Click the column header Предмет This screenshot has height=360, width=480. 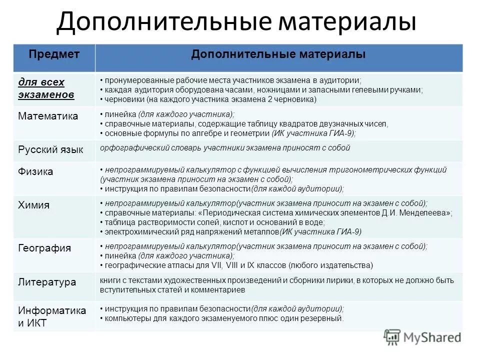click(x=54, y=54)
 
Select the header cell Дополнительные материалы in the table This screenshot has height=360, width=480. click(x=278, y=54)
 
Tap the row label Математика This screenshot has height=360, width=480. click(x=48, y=116)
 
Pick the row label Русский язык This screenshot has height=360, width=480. click(x=50, y=149)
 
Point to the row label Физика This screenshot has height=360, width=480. click(x=35, y=171)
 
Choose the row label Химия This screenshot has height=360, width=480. click(x=33, y=205)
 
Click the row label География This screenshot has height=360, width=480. click(x=44, y=248)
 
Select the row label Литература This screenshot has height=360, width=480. click(x=47, y=282)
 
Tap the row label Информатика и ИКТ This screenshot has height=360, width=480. click(x=51, y=316)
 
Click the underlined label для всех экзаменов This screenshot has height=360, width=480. click(x=46, y=87)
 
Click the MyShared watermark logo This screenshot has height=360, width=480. click(x=422, y=337)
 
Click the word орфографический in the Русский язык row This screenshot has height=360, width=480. click(x=127, y=148)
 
